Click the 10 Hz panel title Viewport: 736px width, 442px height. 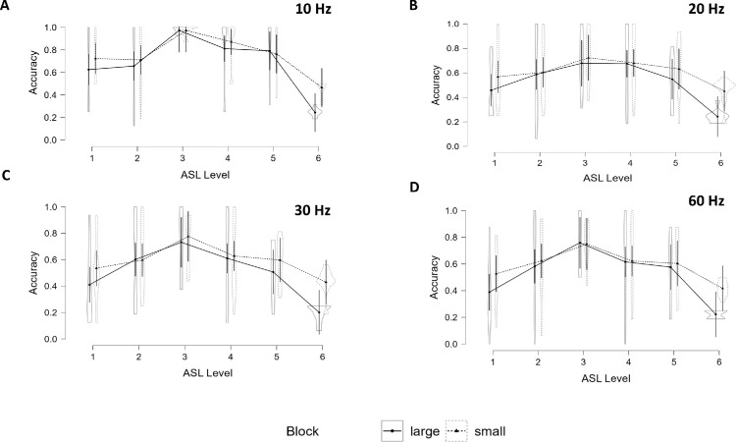click(314, 9)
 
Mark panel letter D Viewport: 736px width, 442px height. click(414, 188)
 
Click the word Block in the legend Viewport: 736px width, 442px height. click(302, 431)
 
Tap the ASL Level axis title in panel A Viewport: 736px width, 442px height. click(205, 175)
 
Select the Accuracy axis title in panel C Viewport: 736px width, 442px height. click(33, 273)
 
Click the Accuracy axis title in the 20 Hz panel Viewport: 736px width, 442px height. click(436, 85)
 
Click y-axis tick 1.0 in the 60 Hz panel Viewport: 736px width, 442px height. click(452, 211)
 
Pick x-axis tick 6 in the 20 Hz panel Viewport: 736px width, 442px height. click(720, 162)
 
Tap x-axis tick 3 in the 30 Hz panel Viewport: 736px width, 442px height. click(184, 357)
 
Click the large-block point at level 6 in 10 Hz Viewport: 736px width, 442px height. click(315, 112)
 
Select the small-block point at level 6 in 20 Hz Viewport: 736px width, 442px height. click(724, 91)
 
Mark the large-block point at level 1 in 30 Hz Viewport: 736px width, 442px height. click(89, 285)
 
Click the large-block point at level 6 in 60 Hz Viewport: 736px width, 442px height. click(715, 314)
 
